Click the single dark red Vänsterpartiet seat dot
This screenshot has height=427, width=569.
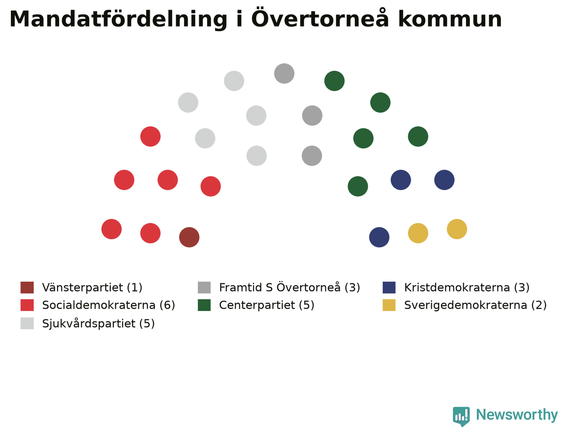click(x=189, y=237)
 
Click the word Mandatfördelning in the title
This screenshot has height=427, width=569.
click(x=118, y=20)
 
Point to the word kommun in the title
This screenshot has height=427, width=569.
click(x=450, y=19)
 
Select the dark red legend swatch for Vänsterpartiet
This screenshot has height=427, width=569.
click(x=27, y=287)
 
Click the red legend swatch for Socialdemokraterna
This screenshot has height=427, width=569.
click(x=27, y=305)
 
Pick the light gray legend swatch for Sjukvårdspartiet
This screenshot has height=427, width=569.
click(x=27, y=323)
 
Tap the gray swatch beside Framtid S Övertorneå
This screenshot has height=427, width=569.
click(x=204, y=287)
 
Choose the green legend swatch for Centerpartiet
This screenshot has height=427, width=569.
click(x=204, y=305)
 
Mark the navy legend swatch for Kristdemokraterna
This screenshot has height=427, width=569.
click(x=389, y=287)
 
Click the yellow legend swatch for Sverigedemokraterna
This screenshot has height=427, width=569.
click(x=389, y=305)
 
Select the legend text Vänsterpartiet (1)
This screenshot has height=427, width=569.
click(x=92, y=287)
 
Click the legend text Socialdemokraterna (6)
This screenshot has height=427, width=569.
click(x=108, y=305)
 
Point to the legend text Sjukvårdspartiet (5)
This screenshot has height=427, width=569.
click(x=99, y=323)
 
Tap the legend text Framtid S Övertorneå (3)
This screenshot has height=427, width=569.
click(x=290, y=287)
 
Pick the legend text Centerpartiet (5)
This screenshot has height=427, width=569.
click(x=267, y=305)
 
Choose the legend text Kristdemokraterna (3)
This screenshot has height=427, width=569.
click(x=467, y=287)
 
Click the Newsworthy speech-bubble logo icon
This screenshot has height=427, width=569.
click(x=461, y=416)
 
